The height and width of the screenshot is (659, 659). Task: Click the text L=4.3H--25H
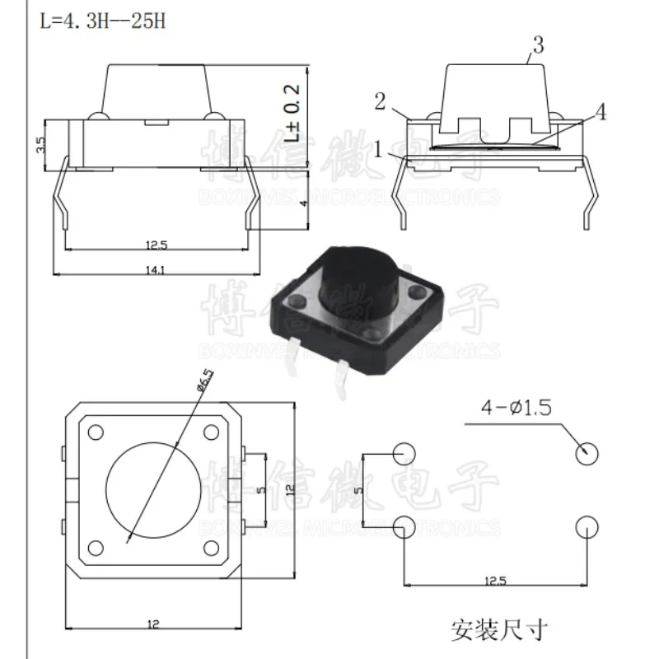[x=103, y=21]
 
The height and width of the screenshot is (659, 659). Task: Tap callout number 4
[x=601, y=114]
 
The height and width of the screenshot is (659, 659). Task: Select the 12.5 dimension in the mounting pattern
[x=494, y=581]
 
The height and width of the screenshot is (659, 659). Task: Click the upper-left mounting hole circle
[x=403, y=451]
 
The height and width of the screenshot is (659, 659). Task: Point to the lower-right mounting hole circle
[x=586, y=526]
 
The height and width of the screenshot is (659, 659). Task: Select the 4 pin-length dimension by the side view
[x=303, y=200]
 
